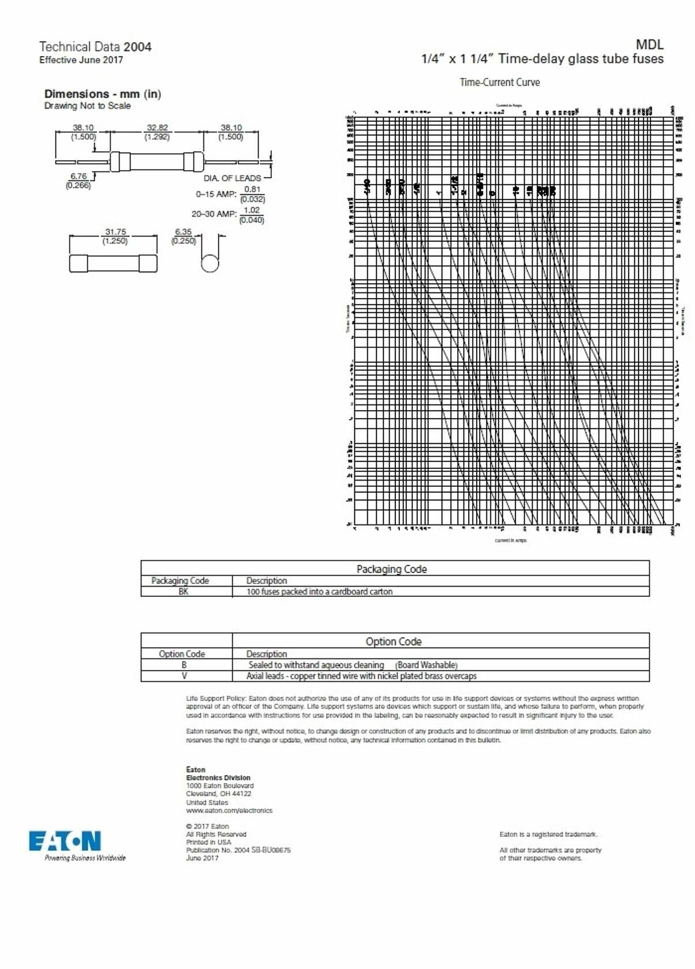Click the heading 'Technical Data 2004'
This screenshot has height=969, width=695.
95,47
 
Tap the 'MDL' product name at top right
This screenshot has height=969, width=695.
649,44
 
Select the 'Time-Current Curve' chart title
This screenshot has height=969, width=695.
499,82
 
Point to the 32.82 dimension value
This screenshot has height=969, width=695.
157,127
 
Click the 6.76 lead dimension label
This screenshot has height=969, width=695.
79,176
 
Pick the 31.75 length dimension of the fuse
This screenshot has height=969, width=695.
115,232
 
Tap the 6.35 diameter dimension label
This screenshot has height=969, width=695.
183,232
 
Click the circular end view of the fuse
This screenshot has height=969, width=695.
210,263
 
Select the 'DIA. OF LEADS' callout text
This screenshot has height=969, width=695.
232,178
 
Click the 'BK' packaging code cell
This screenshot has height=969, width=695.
184,592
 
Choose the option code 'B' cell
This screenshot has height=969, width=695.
184,665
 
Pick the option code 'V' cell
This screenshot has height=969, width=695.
184,676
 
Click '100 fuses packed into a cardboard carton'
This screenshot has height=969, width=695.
319,592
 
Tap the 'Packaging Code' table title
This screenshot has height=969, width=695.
391,569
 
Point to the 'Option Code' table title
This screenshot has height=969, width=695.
393,641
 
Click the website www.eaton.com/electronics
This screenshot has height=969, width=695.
229,810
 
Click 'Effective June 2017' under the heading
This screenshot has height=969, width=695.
81,60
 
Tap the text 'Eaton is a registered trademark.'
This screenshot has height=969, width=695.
548,835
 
